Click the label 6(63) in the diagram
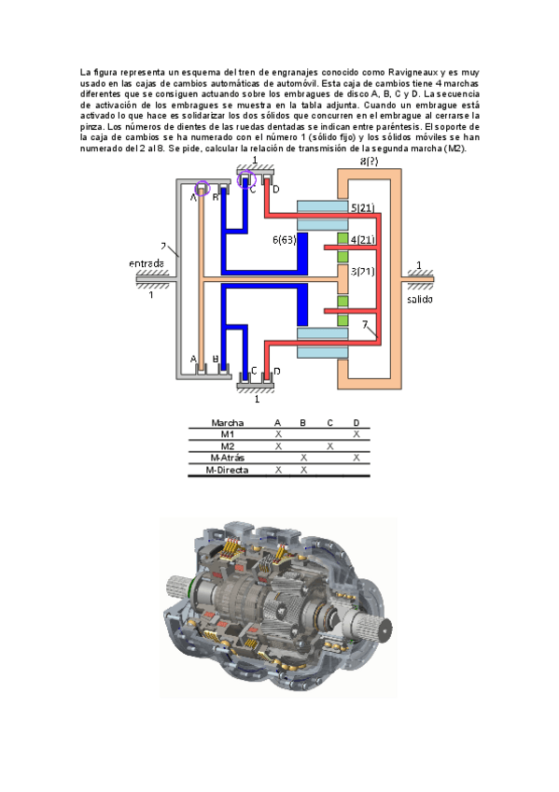[x=284, y=240]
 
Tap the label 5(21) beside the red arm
[x=362, y=207]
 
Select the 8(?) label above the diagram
[x=369, y=162]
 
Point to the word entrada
[x=147, y=263]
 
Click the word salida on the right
[x=420, y=299]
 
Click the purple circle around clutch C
[x=246, y=178]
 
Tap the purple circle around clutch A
[x=203, y=188]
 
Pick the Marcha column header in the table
[x=227, y=423]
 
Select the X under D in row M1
[x=356, y=434]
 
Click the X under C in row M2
[x=329, y=446]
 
